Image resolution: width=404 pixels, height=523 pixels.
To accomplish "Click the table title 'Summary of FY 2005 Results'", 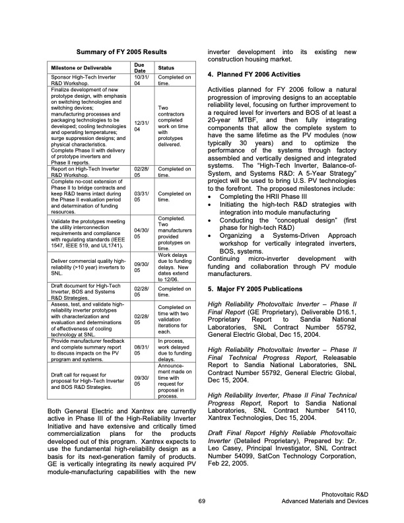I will coord(121,52).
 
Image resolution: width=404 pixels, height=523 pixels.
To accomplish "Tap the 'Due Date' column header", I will coord(139,68).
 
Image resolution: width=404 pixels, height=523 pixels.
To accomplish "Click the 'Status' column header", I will coord(163,68).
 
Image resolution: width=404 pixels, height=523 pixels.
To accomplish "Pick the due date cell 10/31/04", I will coord(139,81).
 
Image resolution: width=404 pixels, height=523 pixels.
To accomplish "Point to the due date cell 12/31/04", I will coord(139,125).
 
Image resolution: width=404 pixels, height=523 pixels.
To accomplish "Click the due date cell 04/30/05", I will coord(139,232).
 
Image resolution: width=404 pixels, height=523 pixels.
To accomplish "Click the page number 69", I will coord(202,503).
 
